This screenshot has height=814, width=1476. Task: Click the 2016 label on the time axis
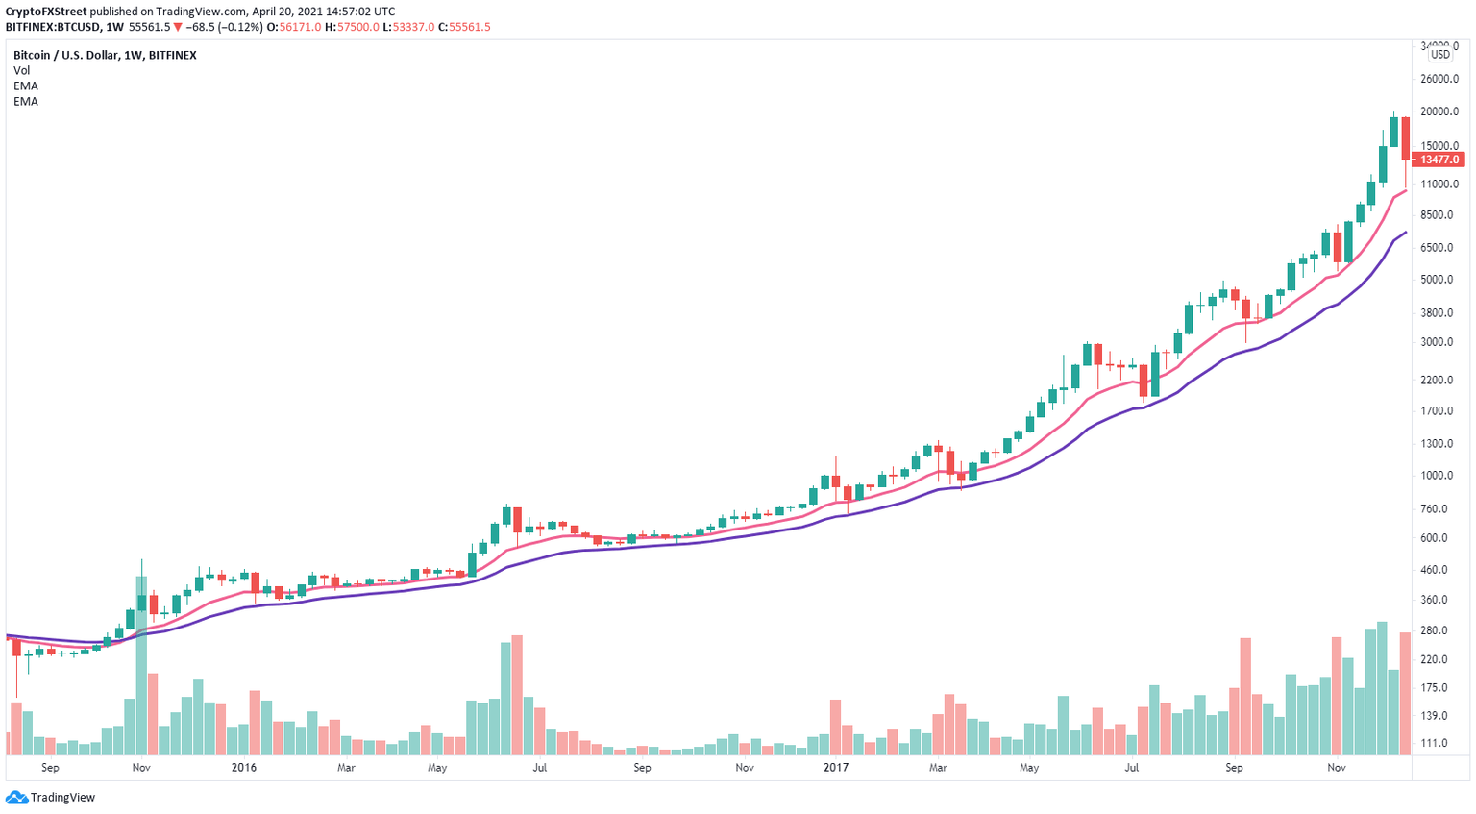coord(244,768)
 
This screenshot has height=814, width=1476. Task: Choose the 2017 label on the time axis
coord(836,768)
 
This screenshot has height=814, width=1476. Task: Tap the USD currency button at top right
coord(1440,55)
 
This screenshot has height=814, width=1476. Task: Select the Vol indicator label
coord(21,70)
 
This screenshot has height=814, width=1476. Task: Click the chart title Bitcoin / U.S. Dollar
coord(105,55)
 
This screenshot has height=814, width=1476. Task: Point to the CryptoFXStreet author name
coord(45,12)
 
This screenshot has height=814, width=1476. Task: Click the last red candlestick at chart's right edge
coord(1405,138)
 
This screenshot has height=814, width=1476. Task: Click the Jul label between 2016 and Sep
coord(539,768)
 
